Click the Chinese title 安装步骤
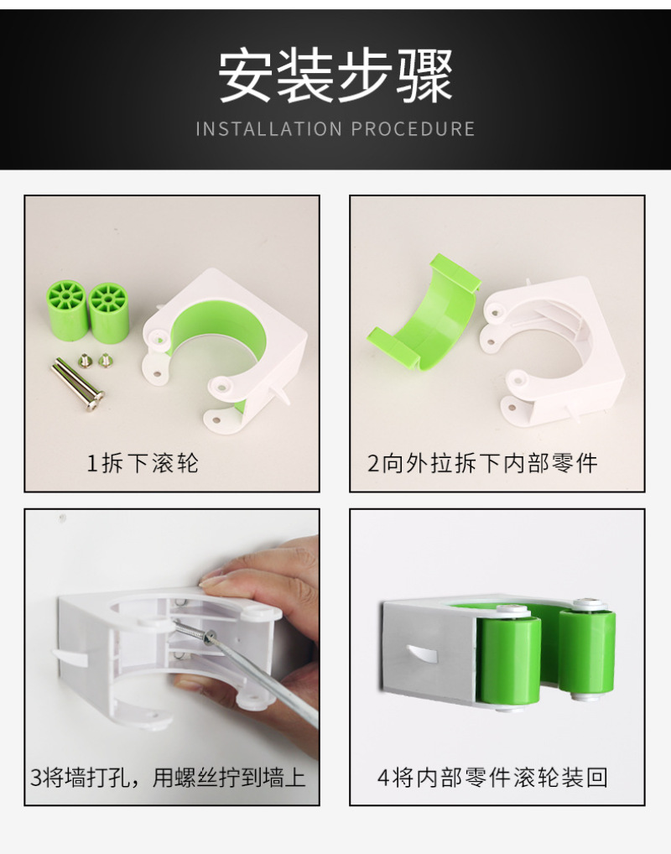pyautogui.click(x=335, y=76)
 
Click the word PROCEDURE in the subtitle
pyautogui.click(x=413, y=129)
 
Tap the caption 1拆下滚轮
pyautogui.click(x=143, y=463)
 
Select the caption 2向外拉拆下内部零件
pyautogui.click(x=482, y=463)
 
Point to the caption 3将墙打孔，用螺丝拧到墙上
pyautogui.click(x=168, y=777)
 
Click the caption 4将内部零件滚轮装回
pyautogui.click(x=492, y=777)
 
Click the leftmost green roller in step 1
pyautogui.click(x=67, y=310)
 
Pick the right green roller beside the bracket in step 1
pyautogui.click(x=109, y=313)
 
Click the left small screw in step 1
pyautogui.click(x=85, y=361)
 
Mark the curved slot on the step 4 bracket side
pyautogui.click(x=424, y=653)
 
